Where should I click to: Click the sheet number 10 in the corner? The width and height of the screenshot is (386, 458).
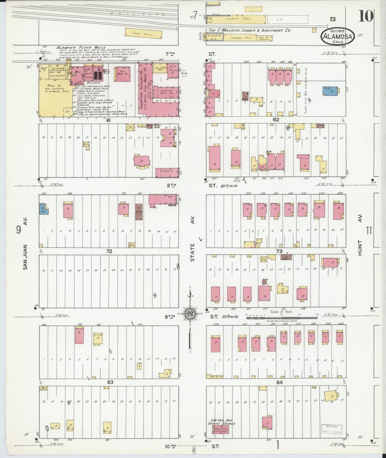(366, 15)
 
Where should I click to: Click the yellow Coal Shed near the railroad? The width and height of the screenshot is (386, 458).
(144, 33)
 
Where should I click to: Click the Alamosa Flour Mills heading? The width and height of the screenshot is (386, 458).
(81, 48)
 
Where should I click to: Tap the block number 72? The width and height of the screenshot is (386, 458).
(109, 251)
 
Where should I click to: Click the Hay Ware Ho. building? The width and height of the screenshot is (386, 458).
(123, 74)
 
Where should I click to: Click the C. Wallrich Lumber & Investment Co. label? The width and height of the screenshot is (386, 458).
(248, 30)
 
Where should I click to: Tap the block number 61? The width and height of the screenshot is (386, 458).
(108, 120)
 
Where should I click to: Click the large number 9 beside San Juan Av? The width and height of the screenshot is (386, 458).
(19, 230)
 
